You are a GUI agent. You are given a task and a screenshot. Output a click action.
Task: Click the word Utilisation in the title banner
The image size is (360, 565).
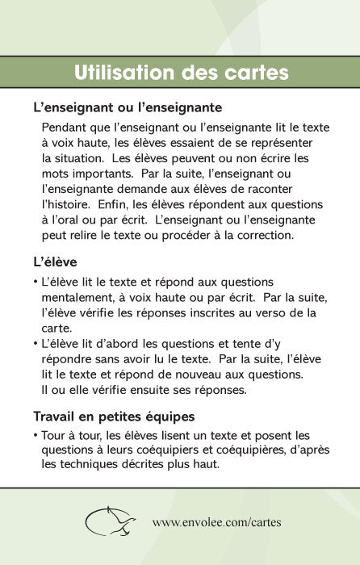(126, 73)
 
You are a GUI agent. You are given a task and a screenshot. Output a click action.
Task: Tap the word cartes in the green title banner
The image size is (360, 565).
(255, 73)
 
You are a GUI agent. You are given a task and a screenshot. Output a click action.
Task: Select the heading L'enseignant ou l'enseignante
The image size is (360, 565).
(128, 107)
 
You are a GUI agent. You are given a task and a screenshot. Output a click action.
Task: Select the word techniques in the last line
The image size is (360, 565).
(97, 466)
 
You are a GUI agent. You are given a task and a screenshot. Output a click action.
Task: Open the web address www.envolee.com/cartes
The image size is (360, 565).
(216, 521)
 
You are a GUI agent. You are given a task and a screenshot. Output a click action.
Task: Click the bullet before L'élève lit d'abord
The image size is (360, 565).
(36, 343)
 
